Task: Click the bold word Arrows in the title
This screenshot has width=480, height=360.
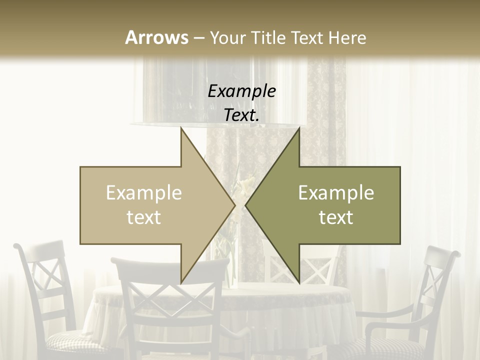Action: click(x=156, y=37)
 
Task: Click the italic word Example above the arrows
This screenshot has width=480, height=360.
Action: click(x=242, y=92)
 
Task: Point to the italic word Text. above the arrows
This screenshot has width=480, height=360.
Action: click(x=242, y=115)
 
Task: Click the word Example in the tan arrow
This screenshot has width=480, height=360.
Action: click(x=144, y=193)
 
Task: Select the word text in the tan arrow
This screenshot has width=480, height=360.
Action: click(x=144, y=217)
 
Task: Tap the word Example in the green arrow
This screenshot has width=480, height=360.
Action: click(x=336, y=193)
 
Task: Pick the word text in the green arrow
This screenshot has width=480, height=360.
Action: click(x=336, y=217)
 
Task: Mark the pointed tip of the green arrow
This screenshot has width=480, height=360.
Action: click(x=246, y=205)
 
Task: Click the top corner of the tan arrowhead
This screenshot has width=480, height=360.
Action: click(x=181, y=129)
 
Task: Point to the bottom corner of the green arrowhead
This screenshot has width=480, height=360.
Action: click(x=299, y=282)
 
